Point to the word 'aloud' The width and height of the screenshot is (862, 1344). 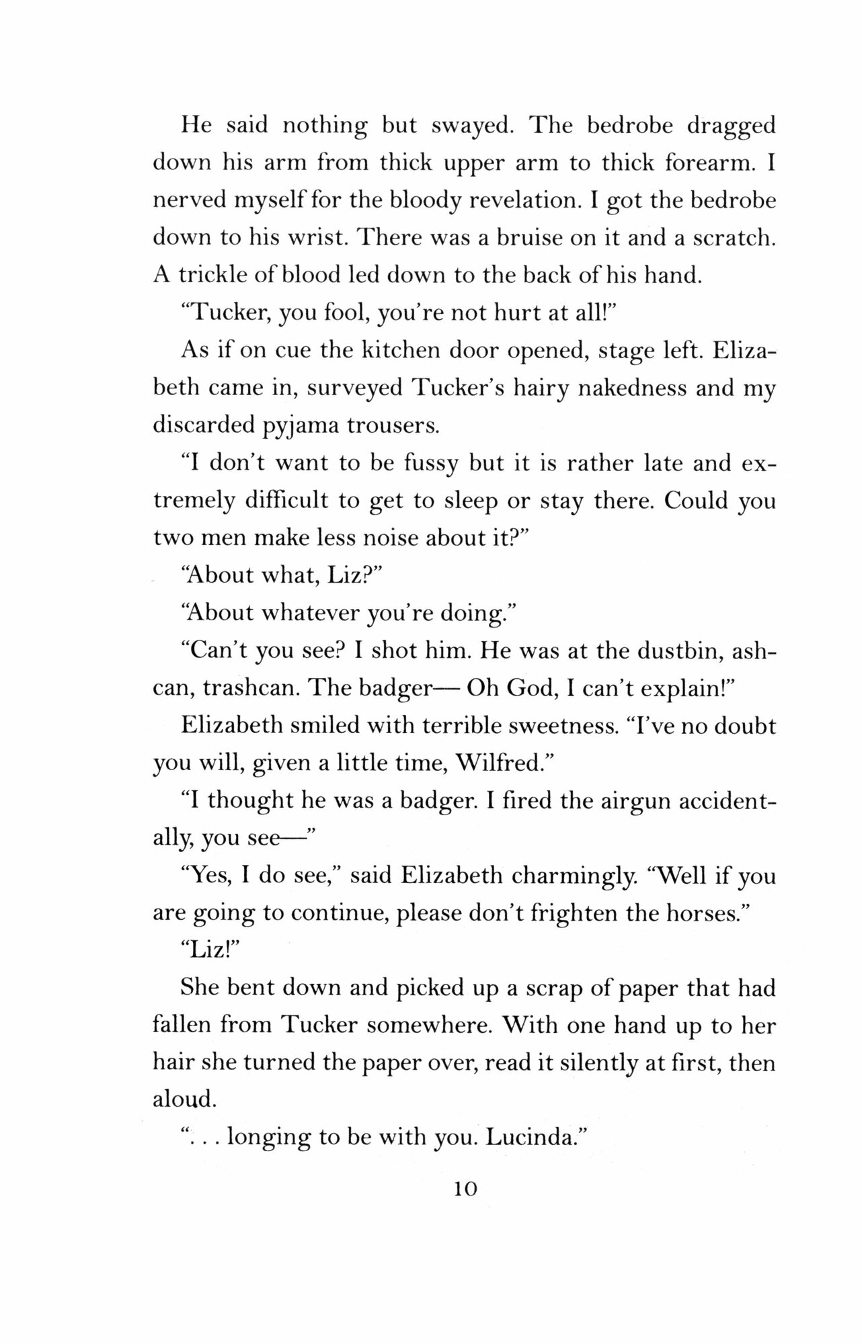(183, 1100)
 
